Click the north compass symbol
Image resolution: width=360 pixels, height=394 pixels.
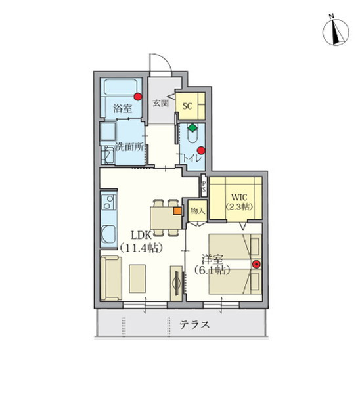[x=335, y=32]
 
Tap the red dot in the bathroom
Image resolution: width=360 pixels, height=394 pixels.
[x=137, y=97]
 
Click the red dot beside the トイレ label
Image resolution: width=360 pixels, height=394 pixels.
[x=201, y=150]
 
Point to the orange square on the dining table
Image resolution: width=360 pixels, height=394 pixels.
[x=177, y=211]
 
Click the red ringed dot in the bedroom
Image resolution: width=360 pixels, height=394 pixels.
[x=256, y=264]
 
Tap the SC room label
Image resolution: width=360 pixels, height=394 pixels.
[x=187, y=106]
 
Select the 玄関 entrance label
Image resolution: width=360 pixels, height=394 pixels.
[x=161, y=103]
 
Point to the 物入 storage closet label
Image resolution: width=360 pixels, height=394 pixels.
[x=198, y=211]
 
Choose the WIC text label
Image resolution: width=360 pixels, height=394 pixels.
[x=239, y=197]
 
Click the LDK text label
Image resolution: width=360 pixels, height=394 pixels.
[x=141, y=236]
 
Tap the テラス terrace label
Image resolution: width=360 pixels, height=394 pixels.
[x=194, y=324]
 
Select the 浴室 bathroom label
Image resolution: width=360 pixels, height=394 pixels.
[x=122, y=109]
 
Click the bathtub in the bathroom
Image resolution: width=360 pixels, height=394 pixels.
[x=120, y=87]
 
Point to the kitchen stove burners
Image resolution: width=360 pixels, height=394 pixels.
[x=109, y=202]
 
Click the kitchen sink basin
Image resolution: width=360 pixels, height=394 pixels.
[x=108, y=233]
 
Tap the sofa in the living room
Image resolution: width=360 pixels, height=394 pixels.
[x=111, y=278]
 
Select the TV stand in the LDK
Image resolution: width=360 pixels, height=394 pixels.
[x=176, y=283]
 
